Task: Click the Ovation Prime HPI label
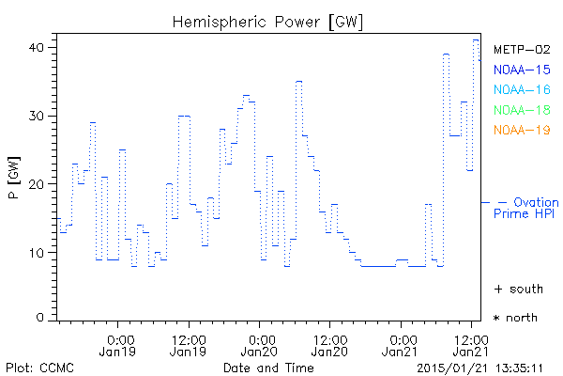click(525, 208)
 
